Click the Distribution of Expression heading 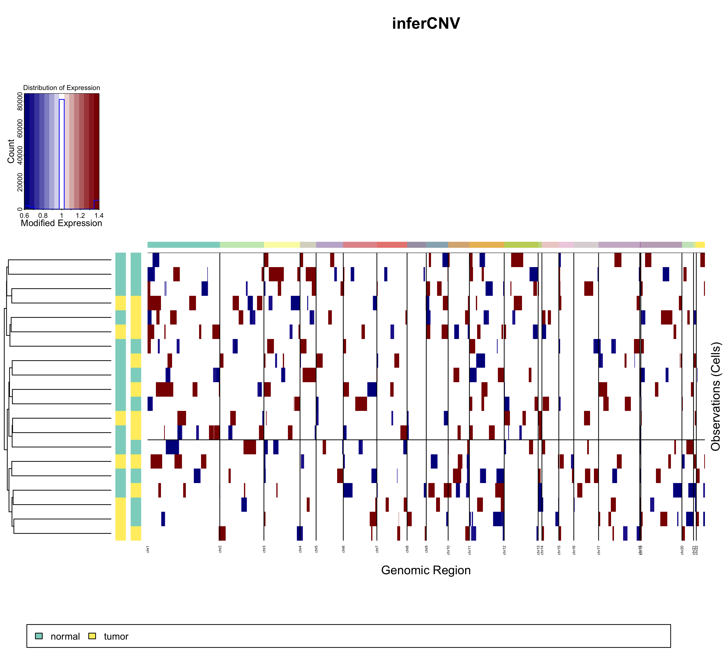point(61,88)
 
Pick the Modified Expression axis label point(61,223)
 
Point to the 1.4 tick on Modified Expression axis point(99,216)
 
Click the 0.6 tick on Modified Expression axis point(24,216)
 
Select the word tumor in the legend point(116,636)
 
